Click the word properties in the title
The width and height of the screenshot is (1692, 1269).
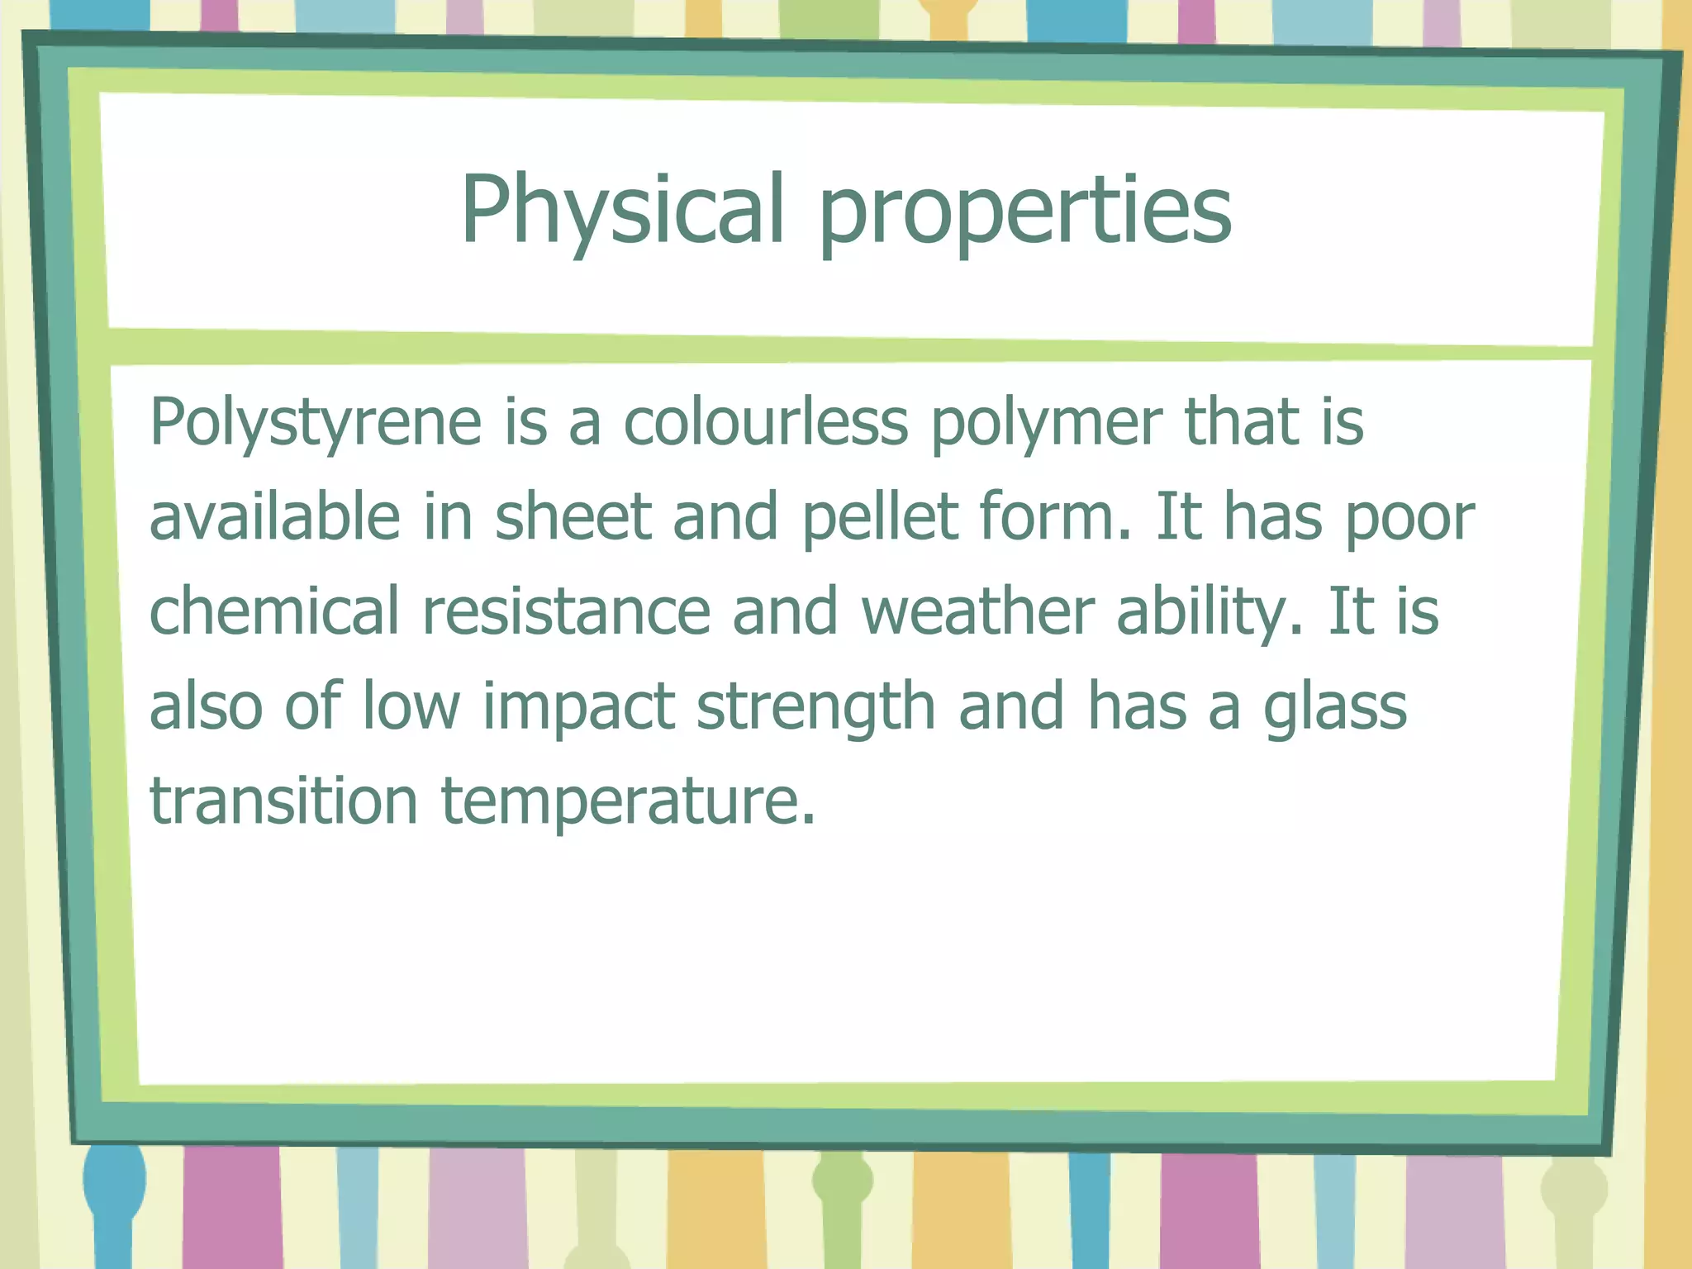1024,211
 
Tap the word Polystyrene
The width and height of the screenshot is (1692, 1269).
315,423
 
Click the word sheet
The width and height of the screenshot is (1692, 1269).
573,516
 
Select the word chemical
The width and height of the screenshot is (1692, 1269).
273,611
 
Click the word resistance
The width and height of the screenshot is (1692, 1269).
566,611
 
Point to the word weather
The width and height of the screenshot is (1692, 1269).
977,611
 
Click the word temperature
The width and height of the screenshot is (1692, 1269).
628,801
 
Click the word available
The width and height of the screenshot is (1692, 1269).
274,516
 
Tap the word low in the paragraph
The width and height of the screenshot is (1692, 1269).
411,706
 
